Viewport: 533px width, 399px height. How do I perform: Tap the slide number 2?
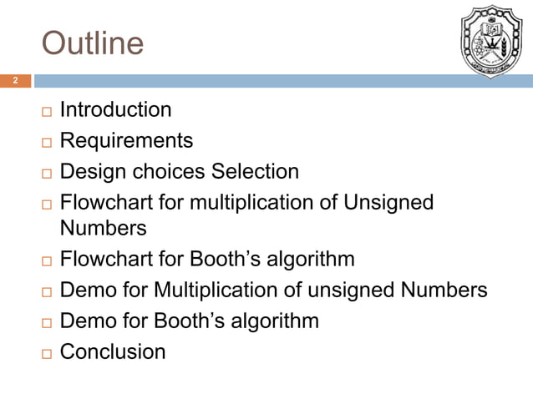coord(14,81)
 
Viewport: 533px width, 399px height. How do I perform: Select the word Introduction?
coord(116,109)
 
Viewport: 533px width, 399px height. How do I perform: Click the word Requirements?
coord(126,140)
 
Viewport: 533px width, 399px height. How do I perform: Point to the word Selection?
coord(255,172)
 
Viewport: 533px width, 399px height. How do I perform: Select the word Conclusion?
coord(113,351)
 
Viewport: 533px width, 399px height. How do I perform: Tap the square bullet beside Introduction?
coord(44,111)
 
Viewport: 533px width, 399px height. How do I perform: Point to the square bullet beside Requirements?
coord(44,142)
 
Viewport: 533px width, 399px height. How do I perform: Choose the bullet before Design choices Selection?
coord(44,174)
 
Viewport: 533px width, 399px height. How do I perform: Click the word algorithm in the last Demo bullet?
coord(275,321)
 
